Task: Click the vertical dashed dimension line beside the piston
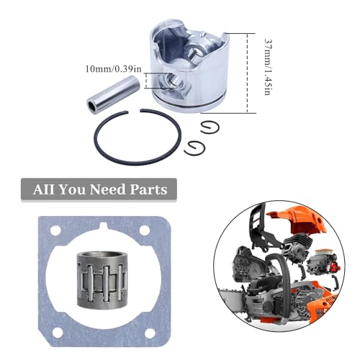(248, 72)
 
